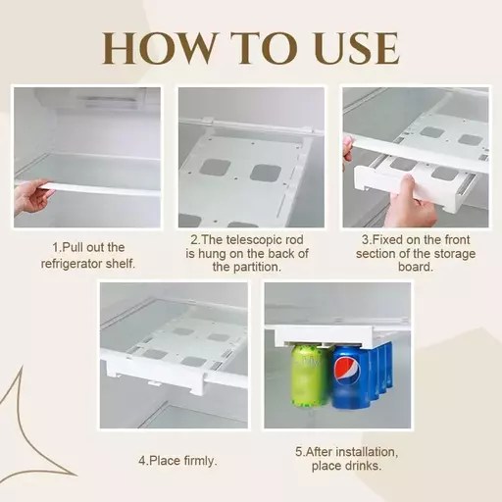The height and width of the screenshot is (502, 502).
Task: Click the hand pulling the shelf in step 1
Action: point(35,195)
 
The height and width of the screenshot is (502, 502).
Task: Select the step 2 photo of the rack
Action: point(250,157)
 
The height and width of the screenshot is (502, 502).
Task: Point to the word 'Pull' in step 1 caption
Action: point(75,248)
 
